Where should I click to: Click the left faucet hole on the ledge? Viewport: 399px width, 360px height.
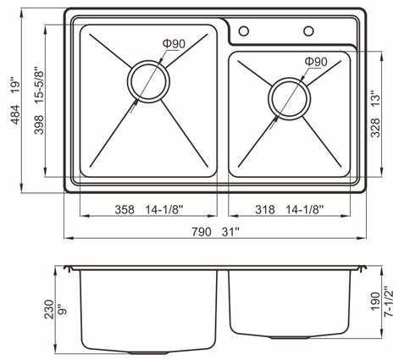coord(244,30)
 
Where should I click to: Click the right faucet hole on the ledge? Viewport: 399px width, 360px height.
coord(308,30)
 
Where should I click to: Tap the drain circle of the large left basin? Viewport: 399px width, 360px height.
coord(148,81)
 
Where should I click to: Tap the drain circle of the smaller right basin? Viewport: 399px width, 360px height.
coord(290,98)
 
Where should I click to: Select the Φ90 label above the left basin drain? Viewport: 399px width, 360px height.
coord(174,43)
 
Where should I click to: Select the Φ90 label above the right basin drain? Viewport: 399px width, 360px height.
coord(316,62)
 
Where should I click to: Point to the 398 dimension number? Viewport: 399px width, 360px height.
coord(39,125)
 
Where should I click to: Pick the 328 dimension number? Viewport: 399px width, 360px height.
coord(375,128)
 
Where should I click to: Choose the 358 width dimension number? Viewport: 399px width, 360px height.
coord(125,210)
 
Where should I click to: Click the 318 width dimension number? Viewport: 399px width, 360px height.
coord(265,210)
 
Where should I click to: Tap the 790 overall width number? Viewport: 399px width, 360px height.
coord(202,232)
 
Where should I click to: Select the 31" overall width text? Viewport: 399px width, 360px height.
coord(230,232)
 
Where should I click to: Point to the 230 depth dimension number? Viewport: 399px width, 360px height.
coord(49,309)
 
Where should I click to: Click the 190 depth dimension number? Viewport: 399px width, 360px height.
coord(375,302)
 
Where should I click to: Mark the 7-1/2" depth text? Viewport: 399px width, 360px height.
coord(389,302)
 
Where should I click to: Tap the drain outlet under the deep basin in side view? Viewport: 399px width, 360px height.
coord(149,352)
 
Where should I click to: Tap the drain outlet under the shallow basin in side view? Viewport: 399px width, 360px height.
coord(290,337)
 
